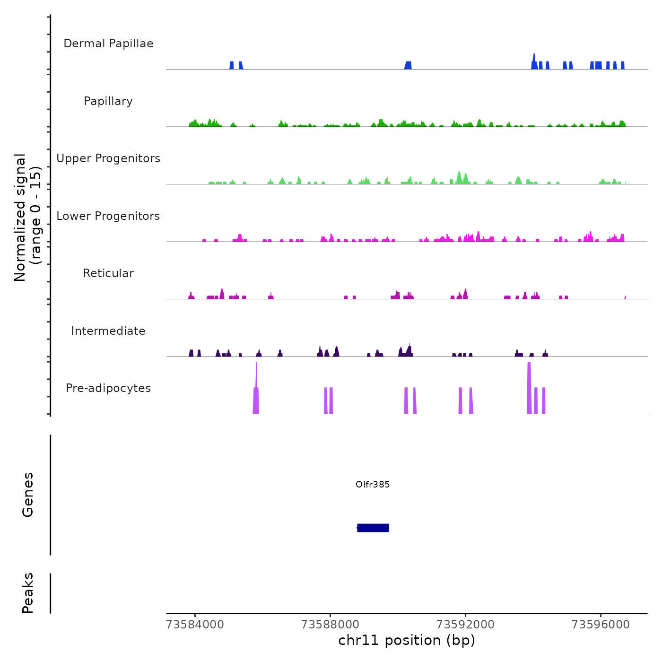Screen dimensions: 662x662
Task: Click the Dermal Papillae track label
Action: click(x=108, y=44)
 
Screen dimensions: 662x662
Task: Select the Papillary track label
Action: click(x=108, y=101)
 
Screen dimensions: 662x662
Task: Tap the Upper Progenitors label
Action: click(x=108, y=158)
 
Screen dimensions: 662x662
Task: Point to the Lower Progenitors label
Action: click(x=108, y=216)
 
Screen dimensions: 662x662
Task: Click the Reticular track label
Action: click(x=108, y=273)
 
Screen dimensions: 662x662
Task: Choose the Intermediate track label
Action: click(x=108, y=331)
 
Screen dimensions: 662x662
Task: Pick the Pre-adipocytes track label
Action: click(x=108, y=388)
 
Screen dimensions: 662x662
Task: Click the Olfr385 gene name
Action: click(x=373, y=484)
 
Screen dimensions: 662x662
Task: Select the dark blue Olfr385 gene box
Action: click(x=373, y=528)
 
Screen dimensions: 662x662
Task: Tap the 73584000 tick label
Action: click(x=195, y=625)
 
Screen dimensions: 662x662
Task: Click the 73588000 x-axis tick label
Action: click(x=330, y=625)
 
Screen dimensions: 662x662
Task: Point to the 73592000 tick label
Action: click(x=465, y=625)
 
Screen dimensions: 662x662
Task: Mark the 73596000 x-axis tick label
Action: click(x=601, y=625)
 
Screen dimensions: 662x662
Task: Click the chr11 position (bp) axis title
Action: click(x=407, y=641)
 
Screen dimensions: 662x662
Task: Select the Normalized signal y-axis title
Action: click(x=27, y=217)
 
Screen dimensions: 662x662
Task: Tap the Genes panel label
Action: click(x=28, y=495)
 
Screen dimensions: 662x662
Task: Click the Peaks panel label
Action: click(x=28, y=593)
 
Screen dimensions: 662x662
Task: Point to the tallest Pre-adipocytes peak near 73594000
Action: click(x=529, y=388)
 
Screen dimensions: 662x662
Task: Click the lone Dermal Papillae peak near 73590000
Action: click(x=408, y=65)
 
